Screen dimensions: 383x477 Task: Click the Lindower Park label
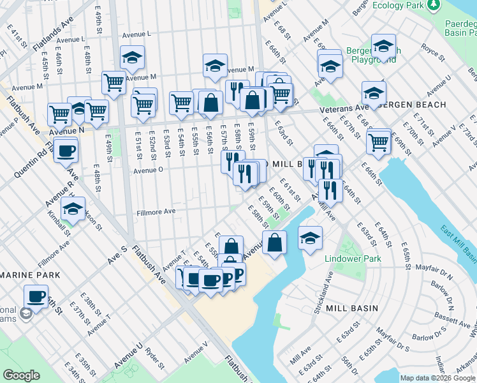(x=353, y=259)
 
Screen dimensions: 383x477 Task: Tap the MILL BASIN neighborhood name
(x=351, y=308)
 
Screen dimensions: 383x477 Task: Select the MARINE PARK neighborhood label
(x=30, y=274)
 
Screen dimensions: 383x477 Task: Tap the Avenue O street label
(x=148, y=170)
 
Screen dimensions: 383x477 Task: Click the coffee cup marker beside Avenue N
(x=66, y=151)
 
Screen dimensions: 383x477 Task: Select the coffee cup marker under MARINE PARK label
(x=36, y=297)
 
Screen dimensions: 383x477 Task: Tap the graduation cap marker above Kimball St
(x=73, y=209)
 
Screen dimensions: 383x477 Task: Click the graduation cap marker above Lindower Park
(x=310, y=239)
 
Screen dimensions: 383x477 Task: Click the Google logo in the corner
(x=21, y=375)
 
